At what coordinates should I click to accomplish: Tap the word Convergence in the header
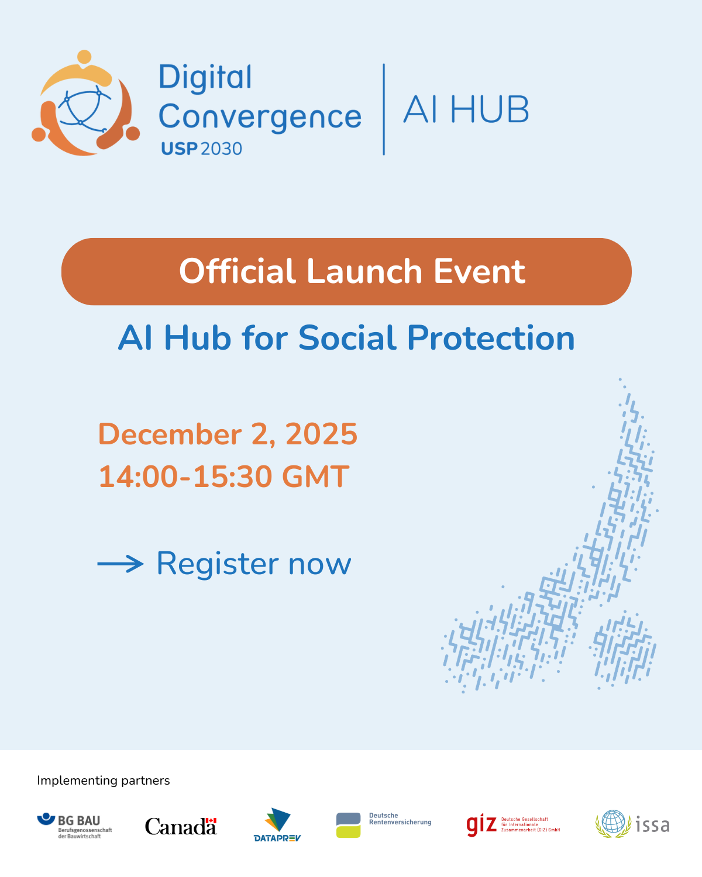260,117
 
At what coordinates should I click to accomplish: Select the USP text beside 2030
179,149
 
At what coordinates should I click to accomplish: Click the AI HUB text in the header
466,109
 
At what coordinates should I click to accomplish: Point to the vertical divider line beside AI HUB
384,109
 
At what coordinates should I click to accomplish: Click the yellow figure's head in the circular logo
84,57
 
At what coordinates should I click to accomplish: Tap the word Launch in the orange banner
364,271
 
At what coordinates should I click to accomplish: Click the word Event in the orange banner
479,271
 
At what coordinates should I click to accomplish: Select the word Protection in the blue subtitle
491,338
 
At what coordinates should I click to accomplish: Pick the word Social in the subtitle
347,338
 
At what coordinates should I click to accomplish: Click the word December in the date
170,434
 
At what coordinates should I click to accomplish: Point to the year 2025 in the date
321,434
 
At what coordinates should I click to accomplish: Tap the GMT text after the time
315,477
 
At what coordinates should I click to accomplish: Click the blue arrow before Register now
121,564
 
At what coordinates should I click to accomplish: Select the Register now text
254,564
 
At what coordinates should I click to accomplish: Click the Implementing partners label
104,781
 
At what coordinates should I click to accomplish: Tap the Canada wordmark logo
181,826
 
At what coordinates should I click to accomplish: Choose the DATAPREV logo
277,825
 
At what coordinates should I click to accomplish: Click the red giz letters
481,825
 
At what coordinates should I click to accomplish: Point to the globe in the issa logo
613,821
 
